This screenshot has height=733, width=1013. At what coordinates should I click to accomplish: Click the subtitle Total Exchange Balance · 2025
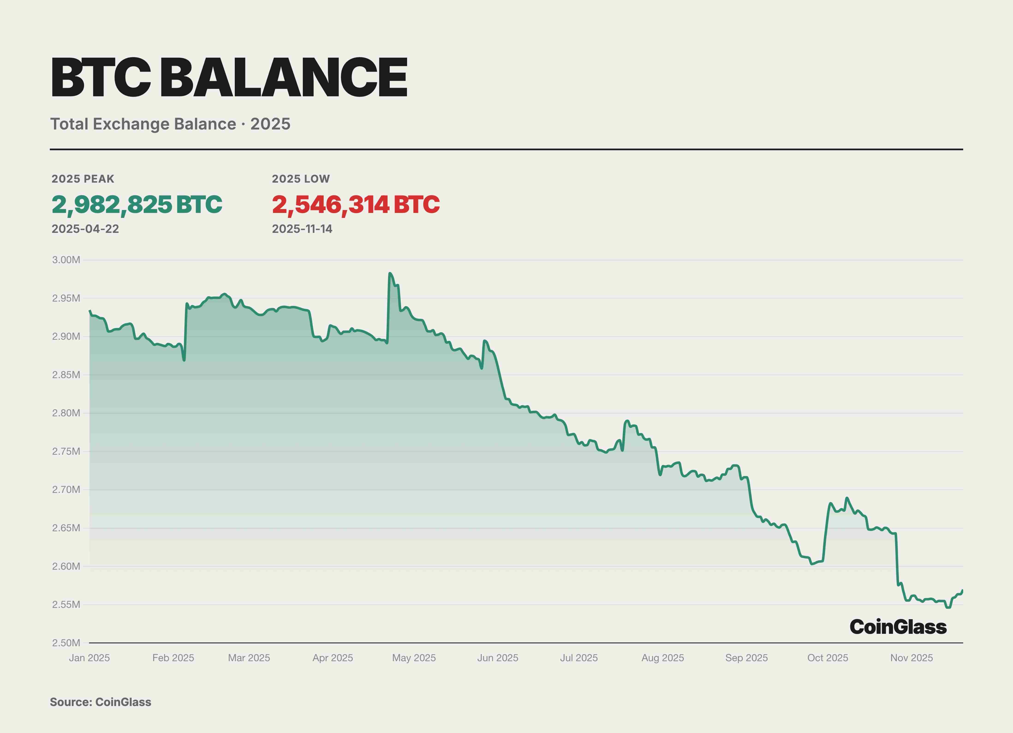coord(170,124)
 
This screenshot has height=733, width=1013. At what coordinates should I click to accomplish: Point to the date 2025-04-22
coord(85,229)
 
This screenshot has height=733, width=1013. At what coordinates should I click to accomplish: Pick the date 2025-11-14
coord(302,229)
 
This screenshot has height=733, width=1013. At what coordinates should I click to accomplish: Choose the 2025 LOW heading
coord(301,179)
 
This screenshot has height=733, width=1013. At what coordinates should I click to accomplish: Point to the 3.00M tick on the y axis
coord(66,260)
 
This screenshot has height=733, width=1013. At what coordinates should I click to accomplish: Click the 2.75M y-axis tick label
coord(66,451)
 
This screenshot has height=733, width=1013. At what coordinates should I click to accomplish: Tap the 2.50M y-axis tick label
coord(66,643)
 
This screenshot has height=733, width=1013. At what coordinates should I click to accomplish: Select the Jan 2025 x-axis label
coord(89,658)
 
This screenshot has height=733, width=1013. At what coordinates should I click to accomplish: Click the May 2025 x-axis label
coord(414,658)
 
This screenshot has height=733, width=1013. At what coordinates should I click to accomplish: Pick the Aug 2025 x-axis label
coord(662,658)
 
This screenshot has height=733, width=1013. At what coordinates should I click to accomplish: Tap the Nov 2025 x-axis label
coord(911,658)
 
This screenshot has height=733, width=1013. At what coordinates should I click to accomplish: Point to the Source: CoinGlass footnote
coord(101,702)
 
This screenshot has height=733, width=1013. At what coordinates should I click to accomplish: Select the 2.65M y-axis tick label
coord(66,528)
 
